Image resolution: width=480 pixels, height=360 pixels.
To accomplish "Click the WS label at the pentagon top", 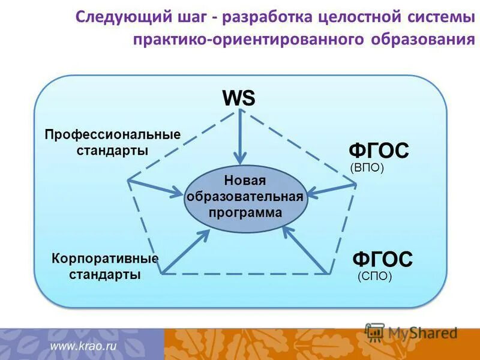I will coord(239,98).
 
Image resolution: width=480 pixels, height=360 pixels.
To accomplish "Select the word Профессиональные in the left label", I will coord(113,134).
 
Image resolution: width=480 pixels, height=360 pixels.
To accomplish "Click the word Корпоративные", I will coord(105,259).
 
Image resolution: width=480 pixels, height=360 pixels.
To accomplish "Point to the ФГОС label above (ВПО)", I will coord(379,151).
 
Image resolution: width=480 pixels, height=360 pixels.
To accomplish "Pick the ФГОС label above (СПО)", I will coord(382,260).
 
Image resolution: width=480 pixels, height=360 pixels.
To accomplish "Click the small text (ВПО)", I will coord(366,169).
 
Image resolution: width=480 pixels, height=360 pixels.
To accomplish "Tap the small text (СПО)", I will coord(374,277).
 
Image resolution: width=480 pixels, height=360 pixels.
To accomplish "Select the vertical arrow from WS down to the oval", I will coord(240,138).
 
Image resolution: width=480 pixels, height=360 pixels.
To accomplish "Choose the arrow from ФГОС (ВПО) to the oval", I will coord(333,188).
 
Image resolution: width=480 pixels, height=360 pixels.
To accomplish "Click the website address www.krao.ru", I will coord(83,346).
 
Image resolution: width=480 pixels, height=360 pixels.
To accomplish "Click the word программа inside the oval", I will coord(245,212).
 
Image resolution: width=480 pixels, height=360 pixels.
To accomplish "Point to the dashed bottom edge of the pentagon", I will coord(246,274).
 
